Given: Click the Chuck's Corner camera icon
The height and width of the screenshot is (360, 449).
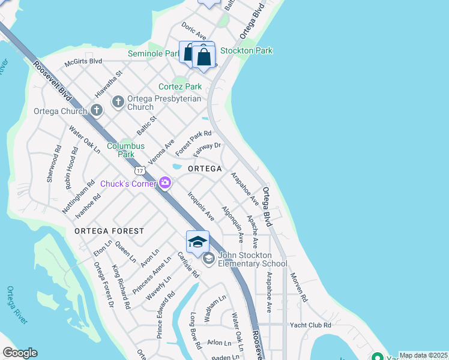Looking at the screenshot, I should [165, 183].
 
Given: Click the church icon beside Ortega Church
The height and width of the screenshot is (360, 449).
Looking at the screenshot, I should [97, 110].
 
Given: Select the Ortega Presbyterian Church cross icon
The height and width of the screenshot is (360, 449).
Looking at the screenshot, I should [118, 101].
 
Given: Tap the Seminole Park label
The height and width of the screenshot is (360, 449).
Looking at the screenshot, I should [154, 54].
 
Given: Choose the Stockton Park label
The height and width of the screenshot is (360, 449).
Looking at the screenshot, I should [246, 50].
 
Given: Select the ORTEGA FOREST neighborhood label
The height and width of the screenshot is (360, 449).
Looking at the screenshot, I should [109, 231].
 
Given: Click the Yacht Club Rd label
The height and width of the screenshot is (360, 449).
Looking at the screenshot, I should [310, 325].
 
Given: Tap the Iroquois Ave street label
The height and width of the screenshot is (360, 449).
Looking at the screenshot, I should [200, 206].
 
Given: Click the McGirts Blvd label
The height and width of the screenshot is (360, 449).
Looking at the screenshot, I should [83, 61].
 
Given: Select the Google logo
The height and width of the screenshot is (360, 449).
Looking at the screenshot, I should [20, 353].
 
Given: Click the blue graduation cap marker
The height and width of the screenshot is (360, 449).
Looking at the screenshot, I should [197, 242].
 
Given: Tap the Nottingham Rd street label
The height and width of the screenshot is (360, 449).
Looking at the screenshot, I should [78, 197].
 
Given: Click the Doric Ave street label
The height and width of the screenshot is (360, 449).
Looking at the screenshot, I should [194, 28].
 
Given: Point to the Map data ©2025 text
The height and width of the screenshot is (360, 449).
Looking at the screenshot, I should [423, 355].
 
